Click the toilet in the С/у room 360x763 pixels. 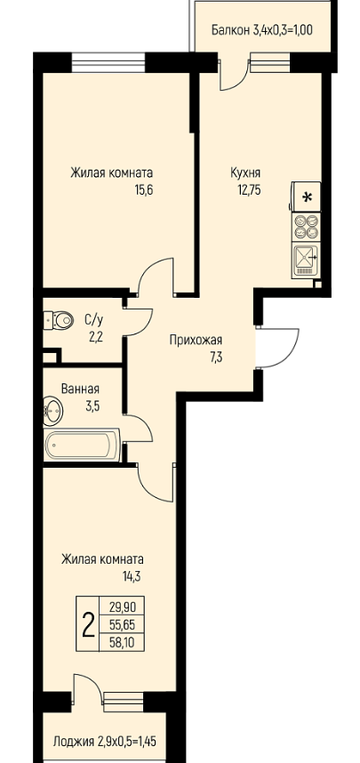pos(59,320)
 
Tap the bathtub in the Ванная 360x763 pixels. pos(82,445)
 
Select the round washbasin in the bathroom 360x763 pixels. pos(52,409)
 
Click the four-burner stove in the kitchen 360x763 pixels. pos(307,226)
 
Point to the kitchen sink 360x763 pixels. pos(307,260)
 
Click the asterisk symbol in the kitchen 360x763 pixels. pos(307,197)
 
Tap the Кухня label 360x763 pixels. pos(245,173)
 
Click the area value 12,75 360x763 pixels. pos(249,189)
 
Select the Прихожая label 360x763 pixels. pos(196,340)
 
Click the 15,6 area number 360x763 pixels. pos(144,189)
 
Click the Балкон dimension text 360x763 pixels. pos(261,30)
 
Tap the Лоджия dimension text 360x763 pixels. pos(105,742)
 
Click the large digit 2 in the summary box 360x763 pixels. pos(88,625)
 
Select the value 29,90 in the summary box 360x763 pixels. pos(123,606)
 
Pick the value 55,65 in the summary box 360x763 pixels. pos(123,625)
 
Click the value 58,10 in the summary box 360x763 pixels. pos(123,643)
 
